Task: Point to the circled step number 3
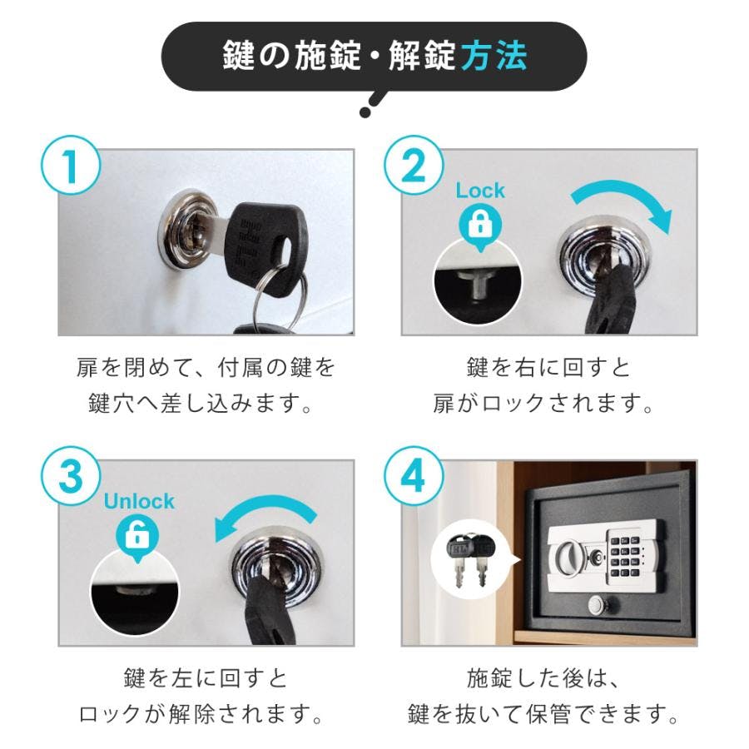click(x=71, y=477)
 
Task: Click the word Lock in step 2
click(x=480, y=191)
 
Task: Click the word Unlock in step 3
click(x=138, y=501)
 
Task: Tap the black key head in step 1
click(x=265, y=246)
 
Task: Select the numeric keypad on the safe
click(x=627, y=554)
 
